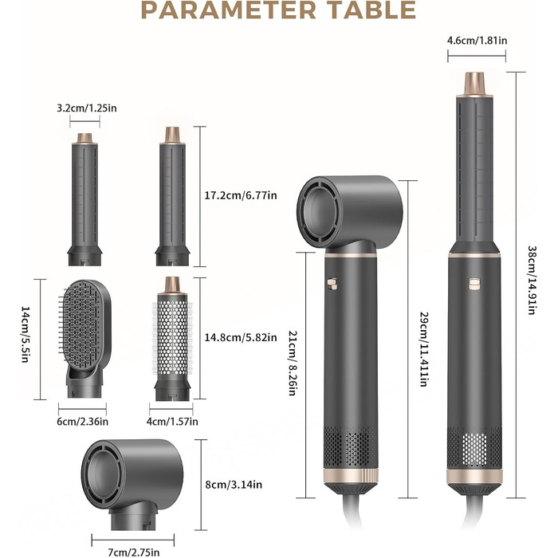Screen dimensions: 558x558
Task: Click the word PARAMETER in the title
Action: tap(229, 10)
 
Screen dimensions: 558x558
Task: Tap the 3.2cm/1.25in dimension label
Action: tap(87, 108)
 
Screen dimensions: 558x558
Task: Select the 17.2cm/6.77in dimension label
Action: tap(241, 195)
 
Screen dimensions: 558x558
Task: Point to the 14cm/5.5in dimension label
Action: tap(26, 334)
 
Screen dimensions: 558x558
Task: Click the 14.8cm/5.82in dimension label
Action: tap(241, 337)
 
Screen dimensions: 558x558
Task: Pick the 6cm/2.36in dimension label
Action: tap(83, 422)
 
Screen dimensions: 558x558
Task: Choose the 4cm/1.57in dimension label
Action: tap(172, 422)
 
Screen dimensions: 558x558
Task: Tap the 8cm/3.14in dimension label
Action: tap(234, 485)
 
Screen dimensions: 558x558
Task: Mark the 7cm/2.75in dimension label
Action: tap(133, 552)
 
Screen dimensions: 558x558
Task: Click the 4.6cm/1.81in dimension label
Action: tap(477, 40)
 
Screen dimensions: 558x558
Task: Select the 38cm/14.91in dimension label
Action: tap(532, 280)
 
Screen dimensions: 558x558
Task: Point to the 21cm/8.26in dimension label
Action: tap(293, 363)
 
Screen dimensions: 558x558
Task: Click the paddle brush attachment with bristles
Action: tap(84, 338)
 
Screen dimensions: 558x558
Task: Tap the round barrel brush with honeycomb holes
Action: tap(172, 339)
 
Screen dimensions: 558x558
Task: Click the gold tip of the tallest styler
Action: tap(475, 84)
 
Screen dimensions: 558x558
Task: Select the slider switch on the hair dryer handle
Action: tap(332, 284)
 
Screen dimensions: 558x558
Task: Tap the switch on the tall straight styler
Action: tap(474, 284)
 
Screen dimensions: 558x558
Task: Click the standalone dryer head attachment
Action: tap(132, 484)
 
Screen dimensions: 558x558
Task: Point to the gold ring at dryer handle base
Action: tap(351, 476)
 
